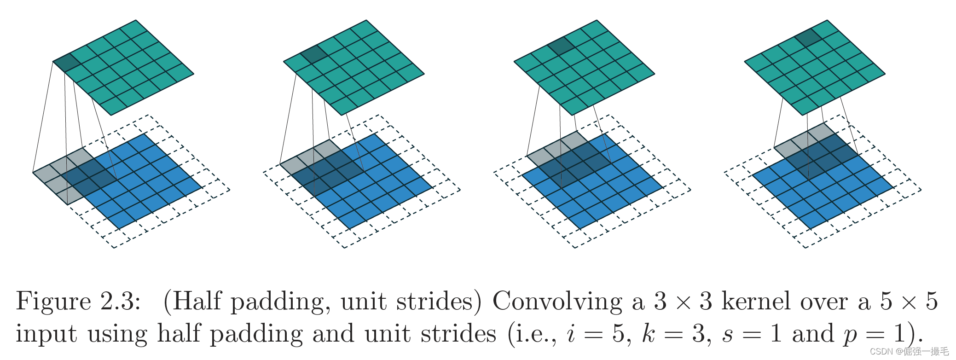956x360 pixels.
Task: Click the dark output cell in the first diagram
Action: tap(67, 63)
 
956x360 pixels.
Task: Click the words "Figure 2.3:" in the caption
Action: tap(78, 302)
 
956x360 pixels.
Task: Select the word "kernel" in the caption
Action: tap(755, 302)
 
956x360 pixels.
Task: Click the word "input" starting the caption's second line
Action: tap(46, 334)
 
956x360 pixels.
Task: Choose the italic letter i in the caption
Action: tap(571, 334)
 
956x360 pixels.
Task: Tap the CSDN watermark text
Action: tap(909, 352)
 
